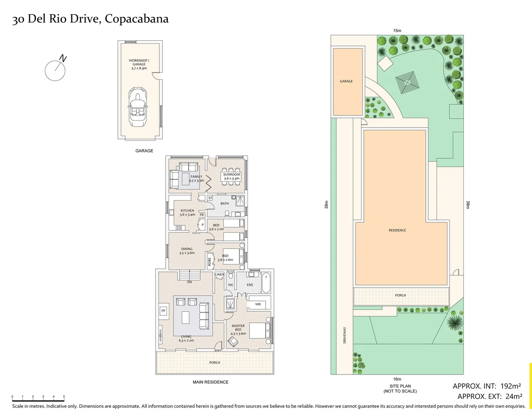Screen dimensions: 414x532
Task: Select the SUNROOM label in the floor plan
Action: coord(231,174)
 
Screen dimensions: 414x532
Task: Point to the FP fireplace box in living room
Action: coord(164,311)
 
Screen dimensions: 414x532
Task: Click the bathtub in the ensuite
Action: coord(266,283)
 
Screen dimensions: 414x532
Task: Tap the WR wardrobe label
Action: coord(258,304)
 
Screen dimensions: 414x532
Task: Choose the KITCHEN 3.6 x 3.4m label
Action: coord(187,212)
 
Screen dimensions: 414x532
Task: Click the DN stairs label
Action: coord(189,282)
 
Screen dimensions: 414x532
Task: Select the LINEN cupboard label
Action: coord(220,274)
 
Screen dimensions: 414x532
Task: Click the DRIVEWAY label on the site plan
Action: coord(345,335)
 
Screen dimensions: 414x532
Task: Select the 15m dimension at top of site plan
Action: coord(397,31)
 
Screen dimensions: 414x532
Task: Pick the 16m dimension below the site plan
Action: coord(397,379)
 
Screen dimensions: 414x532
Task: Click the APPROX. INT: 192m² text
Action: coord(487,386)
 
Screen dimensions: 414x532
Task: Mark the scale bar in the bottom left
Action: coord(38,400)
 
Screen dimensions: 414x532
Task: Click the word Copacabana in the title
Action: coord(137,19)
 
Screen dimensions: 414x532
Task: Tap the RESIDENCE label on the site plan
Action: coord(397,230)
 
